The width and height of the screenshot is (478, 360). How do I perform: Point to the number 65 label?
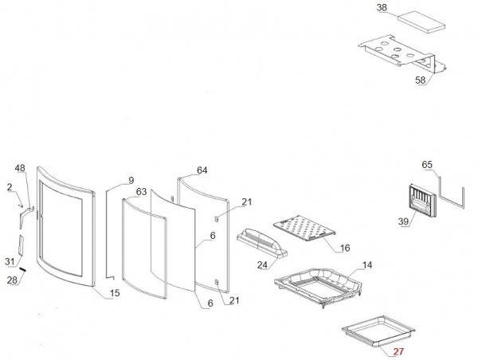coord(427,165)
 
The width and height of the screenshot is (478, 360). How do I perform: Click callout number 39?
coord(403,221)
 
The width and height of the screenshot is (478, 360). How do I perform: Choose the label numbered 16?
coord(345,248)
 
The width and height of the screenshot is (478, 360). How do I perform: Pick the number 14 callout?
coord(366,264)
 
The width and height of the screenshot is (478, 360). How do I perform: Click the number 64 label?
coord(202,170)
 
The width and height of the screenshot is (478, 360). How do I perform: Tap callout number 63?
coord(142,192)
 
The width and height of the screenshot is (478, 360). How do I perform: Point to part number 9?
coord(131,179)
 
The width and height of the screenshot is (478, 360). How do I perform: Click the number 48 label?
coord(20,168)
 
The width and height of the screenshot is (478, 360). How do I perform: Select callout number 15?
coord(114,293)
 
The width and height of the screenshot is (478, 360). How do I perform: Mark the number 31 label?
coord(10,261)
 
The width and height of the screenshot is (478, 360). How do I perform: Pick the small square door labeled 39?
coord(420,199)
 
